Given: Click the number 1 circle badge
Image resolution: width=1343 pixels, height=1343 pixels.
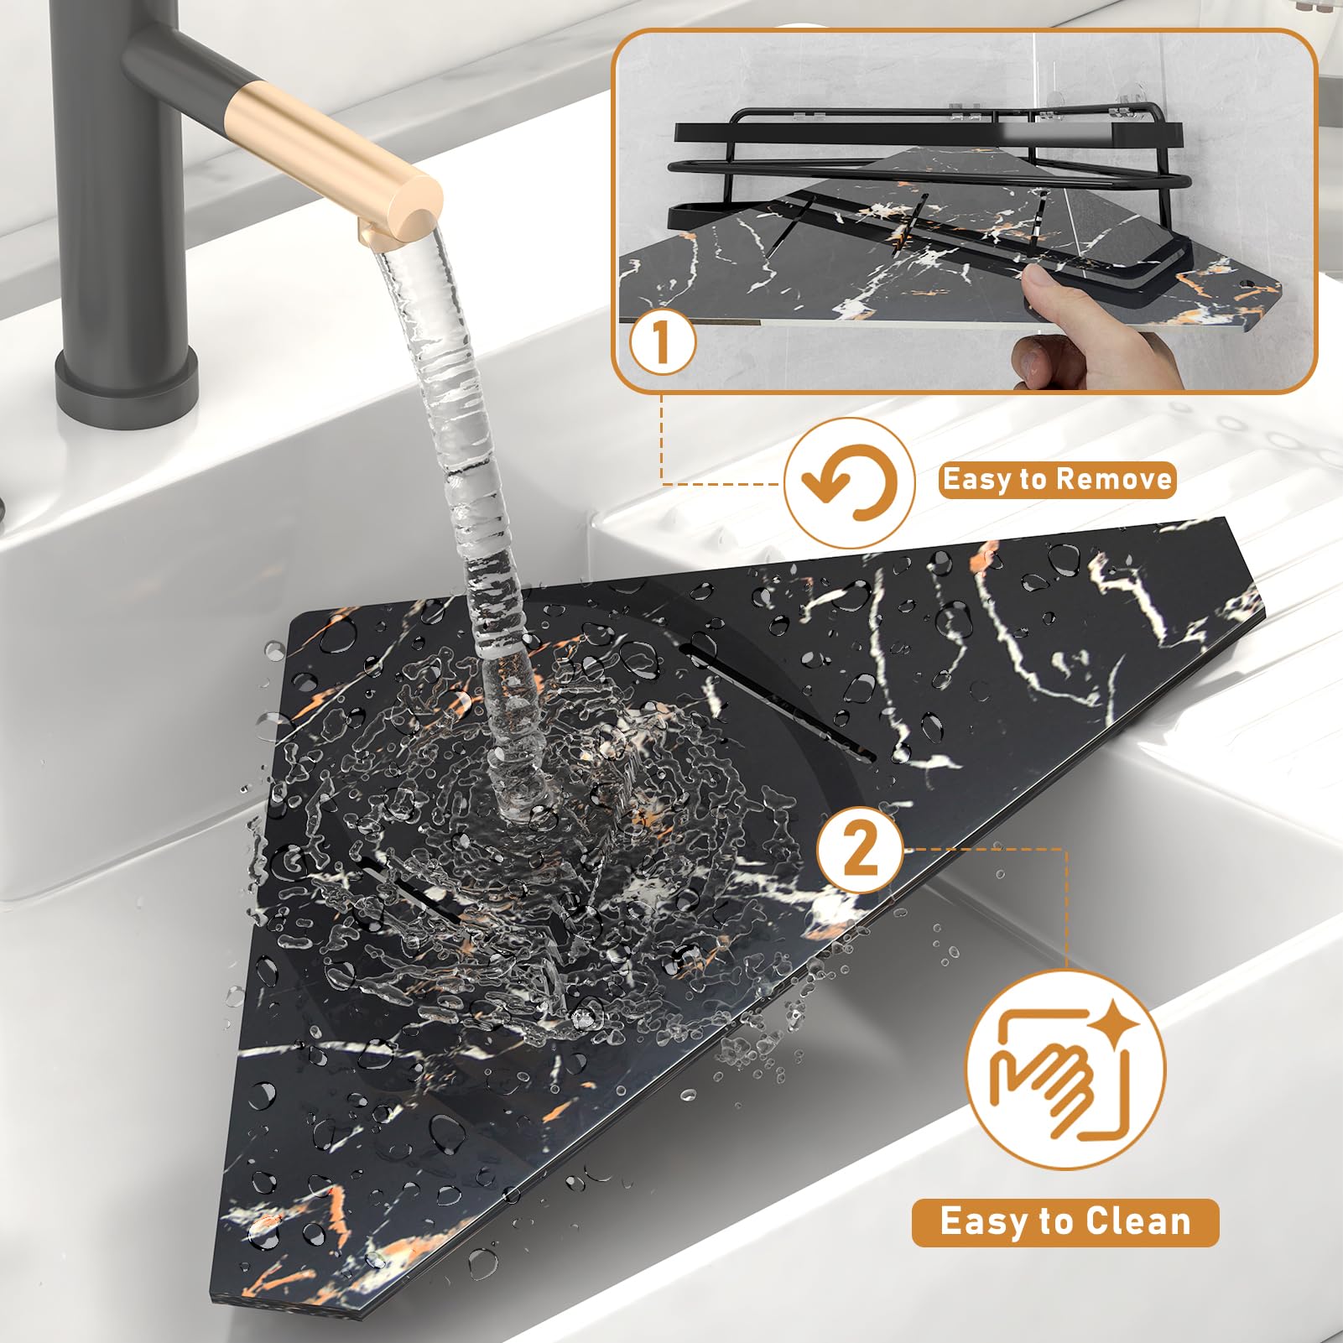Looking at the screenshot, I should click(663, 343).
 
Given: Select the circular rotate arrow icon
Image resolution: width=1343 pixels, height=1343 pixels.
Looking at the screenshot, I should click(849, 483).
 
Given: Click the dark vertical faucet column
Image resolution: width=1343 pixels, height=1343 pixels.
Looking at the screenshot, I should click(117, 210).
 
